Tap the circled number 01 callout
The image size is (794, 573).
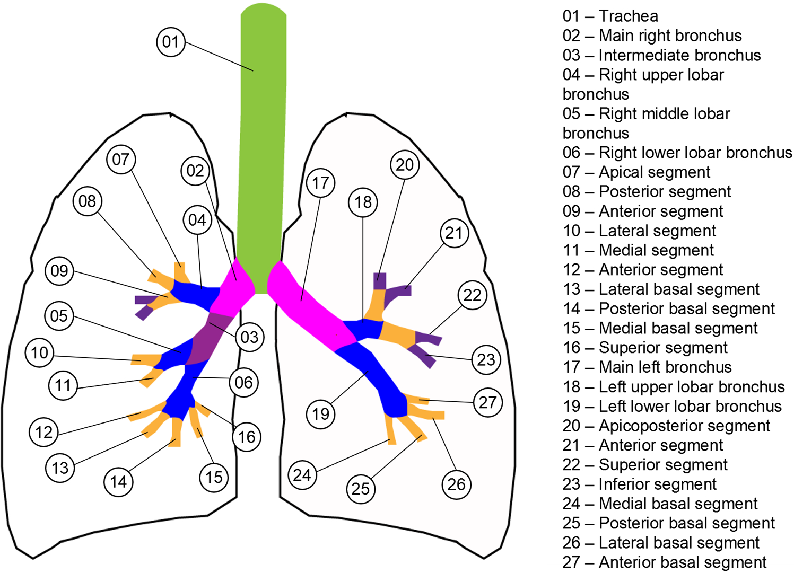click(171, 42)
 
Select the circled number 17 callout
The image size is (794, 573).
click(320, 183)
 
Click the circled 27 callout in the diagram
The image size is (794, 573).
click(487, 402)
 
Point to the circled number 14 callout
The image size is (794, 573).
click(118, 481)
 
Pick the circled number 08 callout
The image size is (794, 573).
click(88, 201)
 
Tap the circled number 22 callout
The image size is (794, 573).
click(472, 295)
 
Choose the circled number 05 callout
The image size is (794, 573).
click(59, 316)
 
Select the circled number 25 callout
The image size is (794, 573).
click(361, 488)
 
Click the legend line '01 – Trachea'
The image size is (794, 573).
click(610, 16)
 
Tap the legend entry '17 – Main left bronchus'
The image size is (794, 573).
click(647, 367)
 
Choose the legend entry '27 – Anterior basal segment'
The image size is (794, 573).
click(664, 562)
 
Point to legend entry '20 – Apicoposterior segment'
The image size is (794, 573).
click(666, 426)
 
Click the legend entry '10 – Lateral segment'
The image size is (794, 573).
click(639, 231)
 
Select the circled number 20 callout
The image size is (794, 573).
click(405, 165)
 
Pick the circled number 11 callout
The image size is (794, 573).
click(63, 385)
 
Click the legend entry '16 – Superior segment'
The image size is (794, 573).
click(645, 348)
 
